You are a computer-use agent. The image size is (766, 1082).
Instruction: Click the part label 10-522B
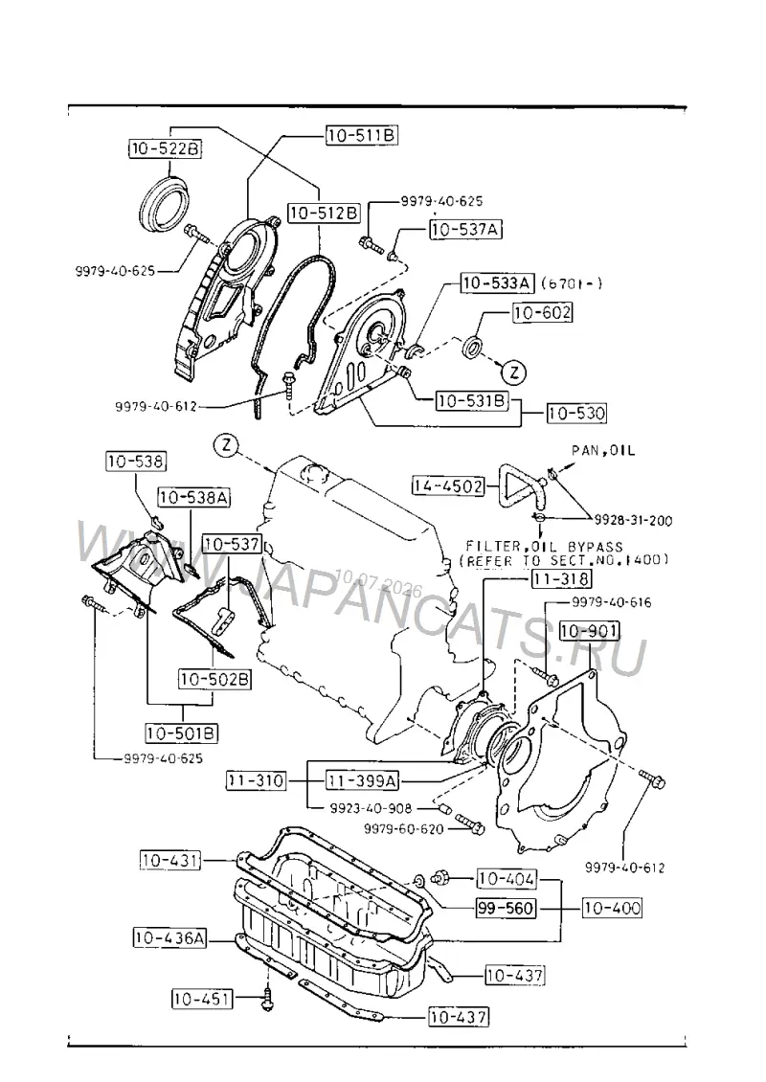click(x=165, y=148)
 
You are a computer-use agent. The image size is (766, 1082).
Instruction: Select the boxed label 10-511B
click(x=362, y=135)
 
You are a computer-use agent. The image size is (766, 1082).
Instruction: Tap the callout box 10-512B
click(x=325, y=214)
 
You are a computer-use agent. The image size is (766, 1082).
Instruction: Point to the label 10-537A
click(x=465, y=229)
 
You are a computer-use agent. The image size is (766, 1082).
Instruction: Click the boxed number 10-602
click(x=542, y=312)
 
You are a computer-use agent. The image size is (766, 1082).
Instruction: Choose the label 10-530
click(x=577, y=414)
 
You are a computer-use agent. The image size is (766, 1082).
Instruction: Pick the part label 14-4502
click(x=448, y=485)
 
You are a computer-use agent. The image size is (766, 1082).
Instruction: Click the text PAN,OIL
click(x=603, y=451)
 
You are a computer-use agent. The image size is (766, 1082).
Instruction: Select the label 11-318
click(x=561, y=578)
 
